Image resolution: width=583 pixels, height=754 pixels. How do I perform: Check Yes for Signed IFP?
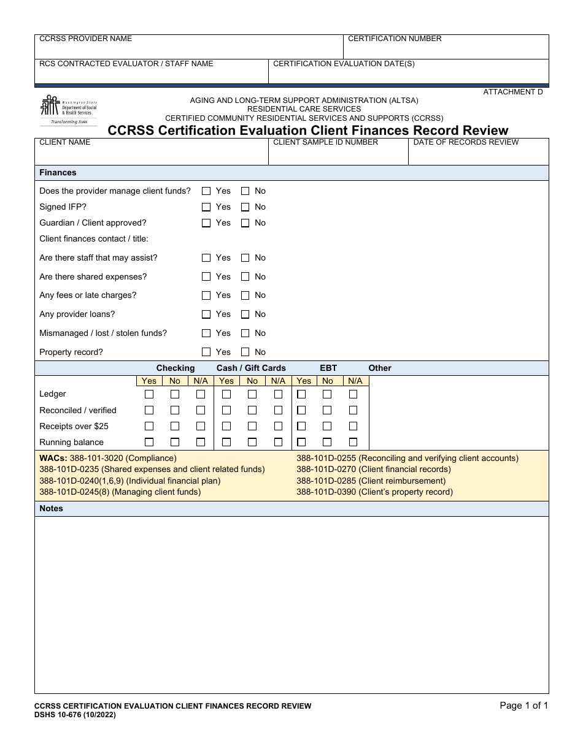[x=206, y=207]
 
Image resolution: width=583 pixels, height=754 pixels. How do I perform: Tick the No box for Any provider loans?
[x=245, y=314]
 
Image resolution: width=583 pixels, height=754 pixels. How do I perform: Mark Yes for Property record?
[x=206, y=352]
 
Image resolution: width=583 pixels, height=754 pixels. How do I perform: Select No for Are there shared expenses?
[x=245, y=277]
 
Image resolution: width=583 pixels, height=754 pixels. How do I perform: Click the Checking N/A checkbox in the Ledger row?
[x=201, y=394]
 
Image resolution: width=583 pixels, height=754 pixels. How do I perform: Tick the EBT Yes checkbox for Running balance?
[x=301, y=442]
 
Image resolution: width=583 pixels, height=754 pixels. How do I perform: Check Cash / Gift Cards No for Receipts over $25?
[x=252, y=426]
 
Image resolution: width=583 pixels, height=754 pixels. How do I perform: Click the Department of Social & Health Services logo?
[x=68, y=110]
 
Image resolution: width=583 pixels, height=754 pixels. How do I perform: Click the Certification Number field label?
[x=395, y=39]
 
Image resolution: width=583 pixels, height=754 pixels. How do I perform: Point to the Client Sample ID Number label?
[x=325, y=142]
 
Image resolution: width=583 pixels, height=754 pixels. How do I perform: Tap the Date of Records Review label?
[x=466, y=142]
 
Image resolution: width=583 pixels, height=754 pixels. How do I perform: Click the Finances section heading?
[x=58, y=173]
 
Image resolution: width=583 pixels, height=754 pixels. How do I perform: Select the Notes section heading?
[x=51, y=509]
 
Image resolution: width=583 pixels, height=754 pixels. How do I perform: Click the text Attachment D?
[x=513, y=92]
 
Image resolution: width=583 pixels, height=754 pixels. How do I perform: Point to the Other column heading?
[x=379, y=368]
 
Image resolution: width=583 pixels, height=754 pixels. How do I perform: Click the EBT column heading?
[x=328, y=368]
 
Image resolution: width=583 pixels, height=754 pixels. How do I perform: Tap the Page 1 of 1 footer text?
[x=523, y=706]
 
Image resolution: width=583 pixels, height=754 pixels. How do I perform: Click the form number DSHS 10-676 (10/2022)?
[x=74, y=715]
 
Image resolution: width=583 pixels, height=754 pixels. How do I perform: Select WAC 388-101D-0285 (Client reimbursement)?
[x=371, y=481]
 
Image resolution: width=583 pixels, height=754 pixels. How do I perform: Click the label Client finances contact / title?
[x=94, y=239]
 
